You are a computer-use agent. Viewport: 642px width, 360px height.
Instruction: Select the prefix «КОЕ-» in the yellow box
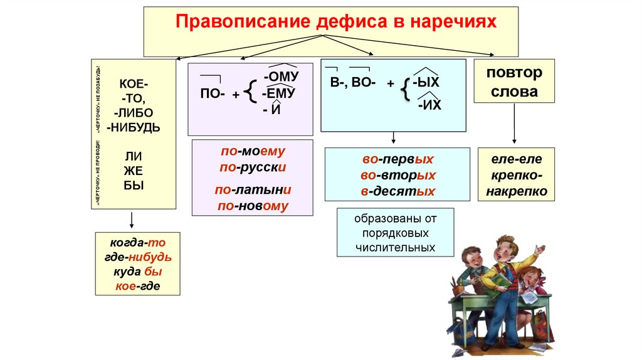(134, 85)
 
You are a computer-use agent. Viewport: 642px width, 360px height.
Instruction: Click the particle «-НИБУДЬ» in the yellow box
(134, 127)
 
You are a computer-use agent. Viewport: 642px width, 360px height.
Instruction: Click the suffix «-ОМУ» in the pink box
(282, 77)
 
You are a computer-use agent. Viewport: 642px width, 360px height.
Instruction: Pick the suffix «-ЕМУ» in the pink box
(279, 93)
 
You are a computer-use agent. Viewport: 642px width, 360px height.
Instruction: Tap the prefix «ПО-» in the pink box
(212, 93)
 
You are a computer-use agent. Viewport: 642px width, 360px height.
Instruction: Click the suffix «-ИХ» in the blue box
(429, 105)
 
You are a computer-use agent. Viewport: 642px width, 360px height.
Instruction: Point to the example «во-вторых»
(397, 176)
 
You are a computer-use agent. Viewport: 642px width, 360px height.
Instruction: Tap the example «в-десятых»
(397, 191)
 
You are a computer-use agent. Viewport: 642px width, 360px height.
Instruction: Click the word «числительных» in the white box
(394, 248)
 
